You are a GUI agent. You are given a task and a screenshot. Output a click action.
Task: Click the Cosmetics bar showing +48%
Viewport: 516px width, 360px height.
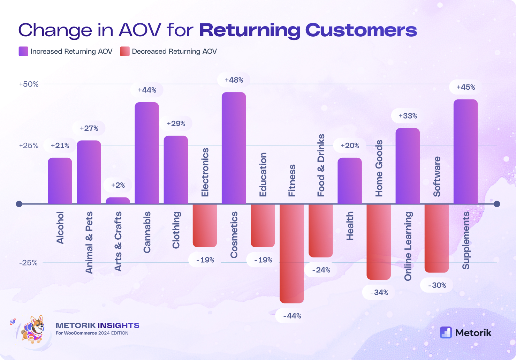pos(234,148)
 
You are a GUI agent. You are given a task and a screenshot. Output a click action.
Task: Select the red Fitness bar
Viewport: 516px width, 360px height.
pos(291,253)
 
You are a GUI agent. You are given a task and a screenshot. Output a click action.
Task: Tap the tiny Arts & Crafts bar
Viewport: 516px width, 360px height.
pos(118,201)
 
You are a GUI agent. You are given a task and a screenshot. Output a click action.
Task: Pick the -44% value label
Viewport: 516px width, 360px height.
pos(292,316)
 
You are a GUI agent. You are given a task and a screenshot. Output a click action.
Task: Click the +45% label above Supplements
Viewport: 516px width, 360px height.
pos(465,87)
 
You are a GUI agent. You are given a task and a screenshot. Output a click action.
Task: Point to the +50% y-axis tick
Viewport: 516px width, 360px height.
pos(29,84)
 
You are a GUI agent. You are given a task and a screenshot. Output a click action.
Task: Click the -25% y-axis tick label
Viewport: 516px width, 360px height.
pos(28,263)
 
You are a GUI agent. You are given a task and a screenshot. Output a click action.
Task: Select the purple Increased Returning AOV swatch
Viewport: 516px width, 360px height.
pos(23,52)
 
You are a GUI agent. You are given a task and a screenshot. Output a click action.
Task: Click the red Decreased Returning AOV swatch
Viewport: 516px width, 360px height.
pos(124,52)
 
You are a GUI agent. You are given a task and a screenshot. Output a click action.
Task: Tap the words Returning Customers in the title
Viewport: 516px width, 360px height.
pos(308,30)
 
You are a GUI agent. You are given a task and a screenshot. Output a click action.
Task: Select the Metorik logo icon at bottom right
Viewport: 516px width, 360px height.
pos(446,332)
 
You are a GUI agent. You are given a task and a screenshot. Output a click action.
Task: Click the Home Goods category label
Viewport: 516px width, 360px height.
pos(379,168)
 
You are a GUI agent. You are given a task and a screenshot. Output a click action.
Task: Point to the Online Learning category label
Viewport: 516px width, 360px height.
pos(408,246)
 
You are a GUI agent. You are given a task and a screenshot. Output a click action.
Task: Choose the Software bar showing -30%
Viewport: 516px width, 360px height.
pos(437,238)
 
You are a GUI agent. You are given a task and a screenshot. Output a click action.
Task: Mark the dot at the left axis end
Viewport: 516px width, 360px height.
pos(19,204)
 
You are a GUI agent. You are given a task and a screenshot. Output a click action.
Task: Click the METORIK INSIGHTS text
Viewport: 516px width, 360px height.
pos(97,325)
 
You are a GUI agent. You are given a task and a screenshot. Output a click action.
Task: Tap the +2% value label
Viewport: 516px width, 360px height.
pos(118,185)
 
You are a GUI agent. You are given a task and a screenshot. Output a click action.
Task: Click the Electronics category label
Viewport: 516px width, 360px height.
pos(205,172)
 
